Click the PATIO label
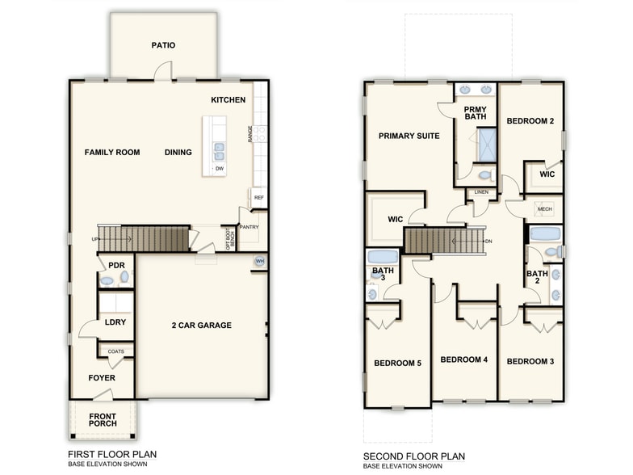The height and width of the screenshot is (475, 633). click(x=163, y=46)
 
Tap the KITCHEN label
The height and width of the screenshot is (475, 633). click(x=228, y=100)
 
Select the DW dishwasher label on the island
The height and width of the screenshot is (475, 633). click(x=219, y=168)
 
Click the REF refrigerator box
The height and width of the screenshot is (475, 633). click(x=258, y=197)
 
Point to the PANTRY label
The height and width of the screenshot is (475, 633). click(x=249, y=227)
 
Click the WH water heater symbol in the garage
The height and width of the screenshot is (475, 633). click(x=259, y=262)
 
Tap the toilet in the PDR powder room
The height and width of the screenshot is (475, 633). click(x=124, y=277)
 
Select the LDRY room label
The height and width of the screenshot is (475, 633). click(x=115, y=322)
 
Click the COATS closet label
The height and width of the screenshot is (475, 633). click(x=115, y=351)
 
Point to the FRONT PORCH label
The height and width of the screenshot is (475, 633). click(x=103, y=420)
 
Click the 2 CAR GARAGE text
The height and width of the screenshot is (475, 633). click(x=201, y=326)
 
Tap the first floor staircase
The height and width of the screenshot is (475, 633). click(x=143, y=239)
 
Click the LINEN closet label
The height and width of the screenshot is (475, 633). click(x=481, y=192)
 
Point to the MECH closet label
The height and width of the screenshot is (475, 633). click(x=546, y=208)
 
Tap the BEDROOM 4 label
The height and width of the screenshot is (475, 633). click(x=463, y=359)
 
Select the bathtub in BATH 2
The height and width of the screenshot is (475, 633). click(x=545, y=235)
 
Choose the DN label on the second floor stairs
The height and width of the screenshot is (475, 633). click(x=487, y=242)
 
